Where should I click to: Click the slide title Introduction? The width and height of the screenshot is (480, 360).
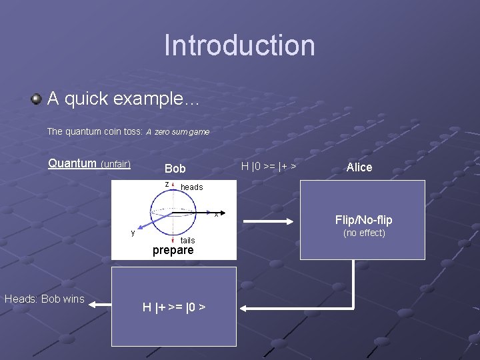(239, 45)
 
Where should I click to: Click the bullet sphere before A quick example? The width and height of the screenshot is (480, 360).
(36, 99)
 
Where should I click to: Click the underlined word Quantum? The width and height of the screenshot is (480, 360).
(73, 163)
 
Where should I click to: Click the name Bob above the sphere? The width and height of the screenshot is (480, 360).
(175, 169)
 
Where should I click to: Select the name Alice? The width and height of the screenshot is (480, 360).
(359, 167)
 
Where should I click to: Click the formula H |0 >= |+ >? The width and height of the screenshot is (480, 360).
(269, 166)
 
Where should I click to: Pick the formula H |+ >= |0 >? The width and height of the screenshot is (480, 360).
(173, 307)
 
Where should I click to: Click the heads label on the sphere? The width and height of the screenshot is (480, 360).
(192, 187)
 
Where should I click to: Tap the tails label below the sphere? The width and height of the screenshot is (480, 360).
(188, 240)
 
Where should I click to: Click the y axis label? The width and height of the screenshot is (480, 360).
(133, 232)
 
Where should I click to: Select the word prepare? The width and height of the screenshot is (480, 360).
(173, 251)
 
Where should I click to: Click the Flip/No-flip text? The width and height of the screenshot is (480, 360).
(363, 220)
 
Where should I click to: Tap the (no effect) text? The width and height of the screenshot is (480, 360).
(364, 233)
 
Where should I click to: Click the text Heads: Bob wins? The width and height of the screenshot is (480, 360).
(45, 299)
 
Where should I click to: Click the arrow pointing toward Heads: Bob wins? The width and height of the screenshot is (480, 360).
(100, 305)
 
